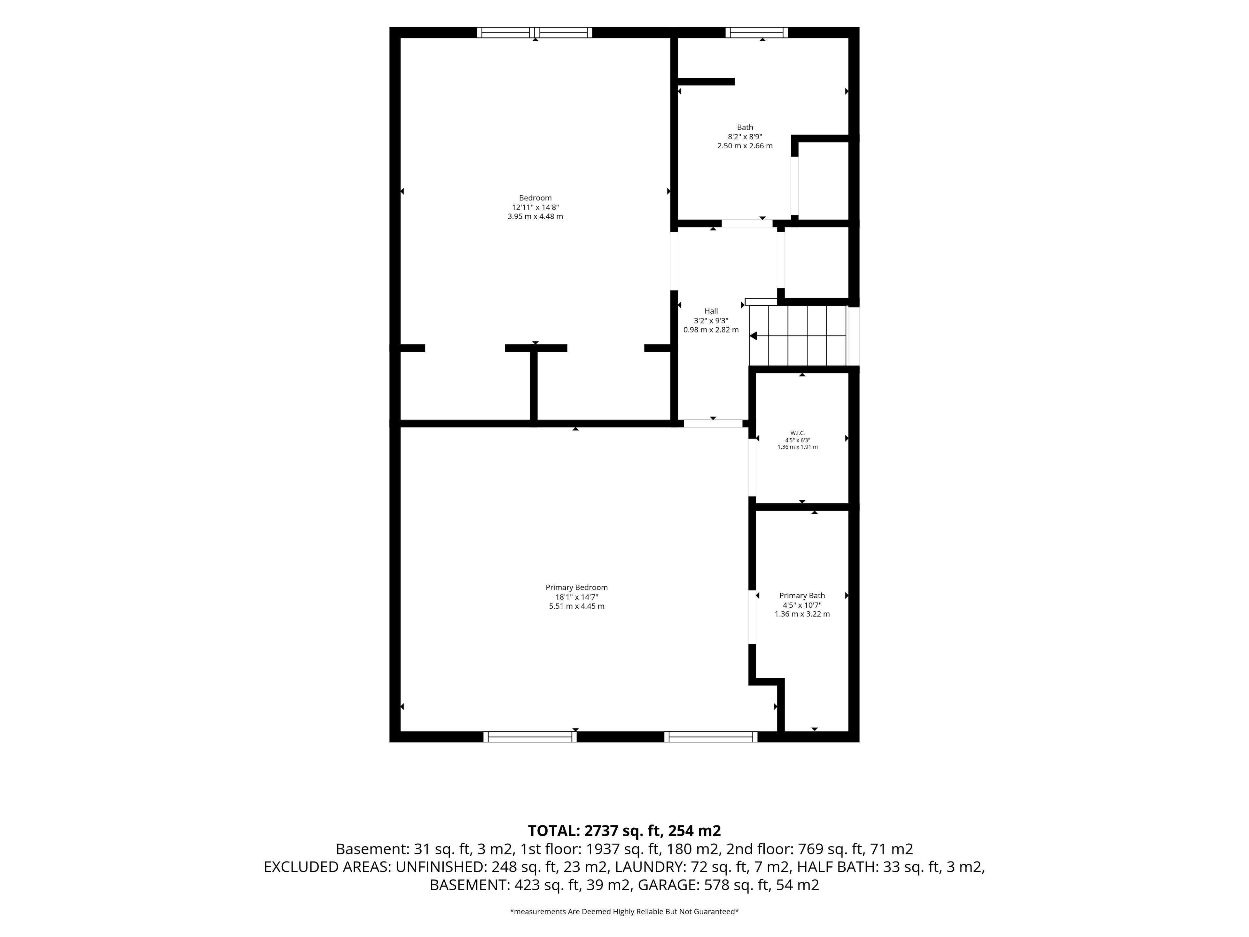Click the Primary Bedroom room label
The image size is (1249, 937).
point(576,587)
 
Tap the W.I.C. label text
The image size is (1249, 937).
point(797,433)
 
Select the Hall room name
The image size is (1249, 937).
point(711,311)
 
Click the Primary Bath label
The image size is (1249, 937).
point(802,595)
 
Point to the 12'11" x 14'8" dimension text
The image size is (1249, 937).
point(535,207)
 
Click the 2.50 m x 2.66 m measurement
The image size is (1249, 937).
point(745,146)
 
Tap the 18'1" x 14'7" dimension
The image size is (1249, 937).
point(576,597)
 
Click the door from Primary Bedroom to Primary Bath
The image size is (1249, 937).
point(752,617)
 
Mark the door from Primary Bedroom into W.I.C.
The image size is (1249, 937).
point(752,468)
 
